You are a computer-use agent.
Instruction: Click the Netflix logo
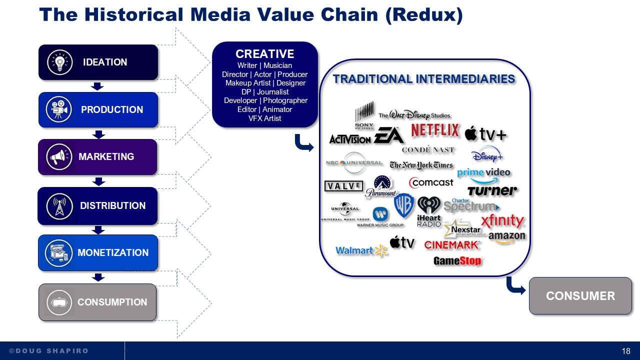click(435, 131)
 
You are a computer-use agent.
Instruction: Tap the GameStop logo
click(457, 260)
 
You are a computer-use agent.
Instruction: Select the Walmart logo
click(361, 250)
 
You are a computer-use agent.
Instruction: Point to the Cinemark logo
click(452, 245)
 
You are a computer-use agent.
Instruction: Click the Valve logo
click(343, 186)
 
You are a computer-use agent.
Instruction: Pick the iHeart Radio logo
click(429, 211)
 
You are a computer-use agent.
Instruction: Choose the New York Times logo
click(421, 165)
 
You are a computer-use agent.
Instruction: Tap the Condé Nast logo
click(428, 149)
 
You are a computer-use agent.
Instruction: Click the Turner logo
click(491, 190)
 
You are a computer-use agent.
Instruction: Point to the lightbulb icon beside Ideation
click(60, 62)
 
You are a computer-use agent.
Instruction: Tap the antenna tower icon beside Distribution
click(59, 205)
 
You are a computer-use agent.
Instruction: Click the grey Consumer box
click(580, 295)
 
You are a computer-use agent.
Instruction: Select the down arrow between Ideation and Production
click(98, 86)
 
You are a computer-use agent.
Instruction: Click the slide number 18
click(626, 351)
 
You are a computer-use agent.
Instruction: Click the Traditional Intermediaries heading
click(424, 79)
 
